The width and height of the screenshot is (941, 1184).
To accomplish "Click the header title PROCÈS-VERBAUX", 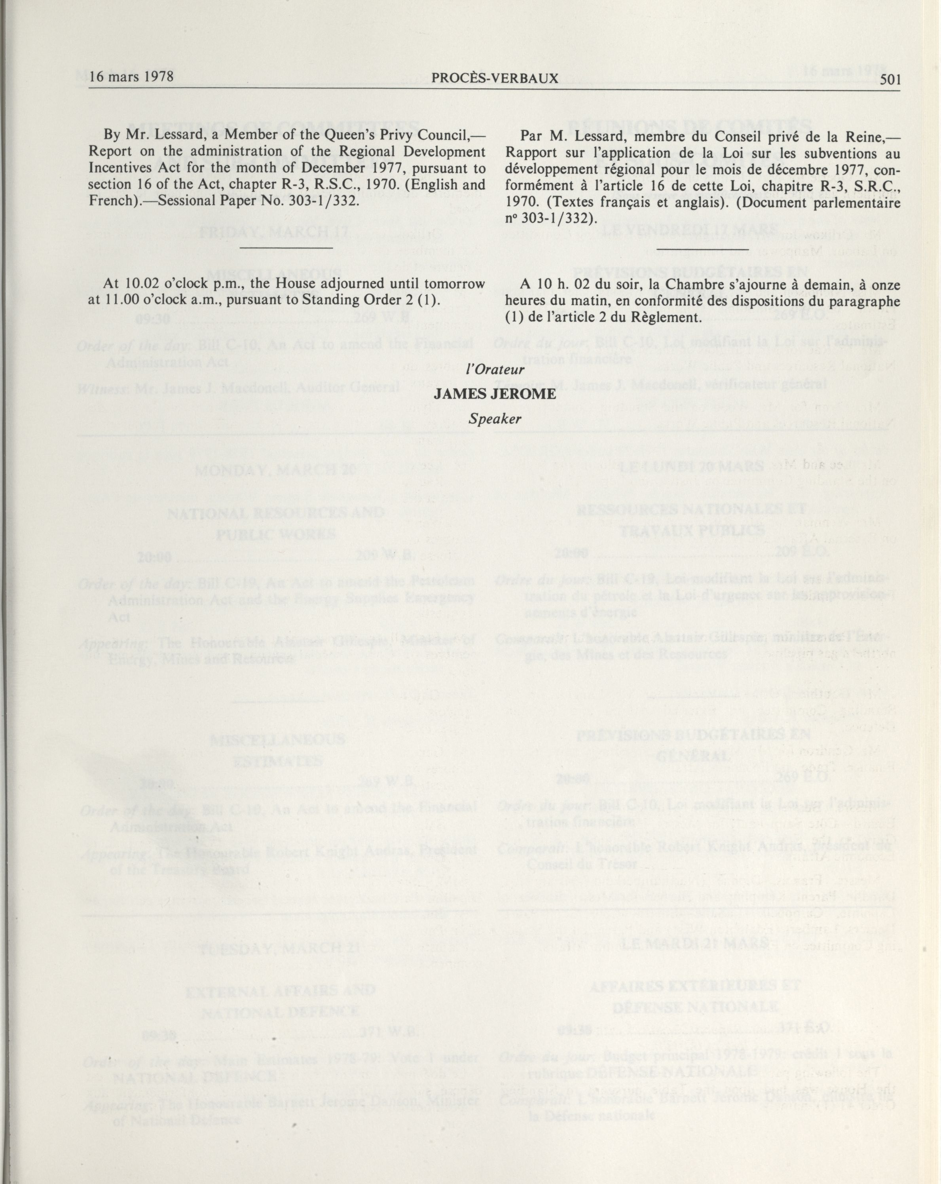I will coord(495,78).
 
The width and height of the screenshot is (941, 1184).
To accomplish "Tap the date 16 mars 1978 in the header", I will coord(132,76).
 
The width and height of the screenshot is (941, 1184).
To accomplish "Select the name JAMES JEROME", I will coord(494,394).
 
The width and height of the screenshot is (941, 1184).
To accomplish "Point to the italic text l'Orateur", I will coord(494,370).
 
